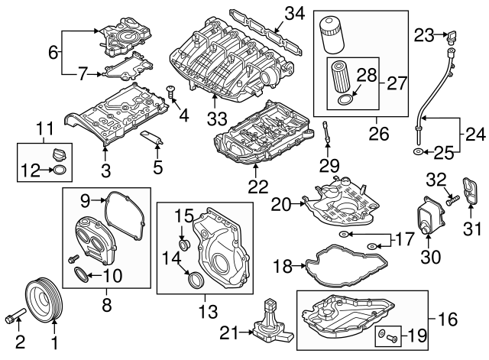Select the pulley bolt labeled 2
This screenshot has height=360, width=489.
click(x=15, y=315)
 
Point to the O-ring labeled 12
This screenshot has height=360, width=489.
click(x=60, y=170)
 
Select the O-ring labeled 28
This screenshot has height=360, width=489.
click(x=345, y=99)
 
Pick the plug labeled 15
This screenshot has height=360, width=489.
click(x=183, y=245)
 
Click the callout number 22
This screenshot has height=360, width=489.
click(x=254, y=184)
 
